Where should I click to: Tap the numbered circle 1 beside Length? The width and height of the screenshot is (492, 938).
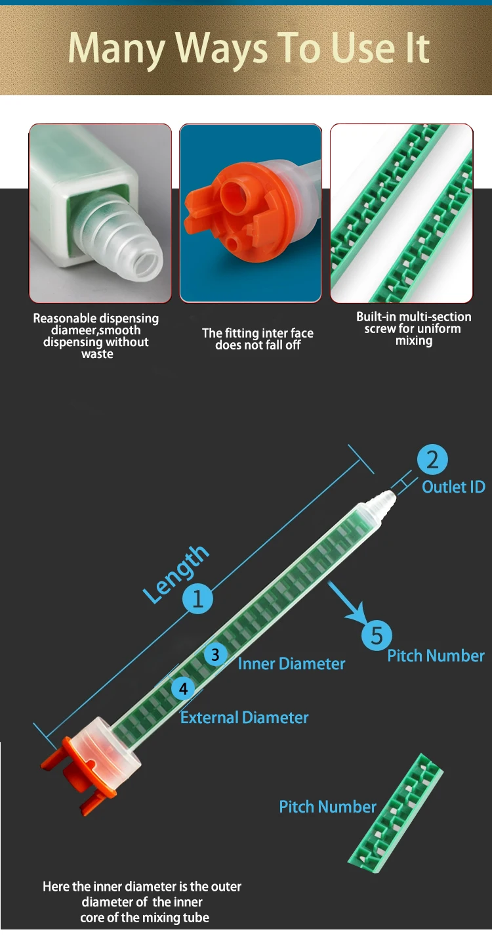197,598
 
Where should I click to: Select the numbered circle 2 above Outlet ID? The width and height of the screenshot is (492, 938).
432,460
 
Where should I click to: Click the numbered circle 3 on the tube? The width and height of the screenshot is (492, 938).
215,655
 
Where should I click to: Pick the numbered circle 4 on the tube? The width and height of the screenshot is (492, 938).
183,688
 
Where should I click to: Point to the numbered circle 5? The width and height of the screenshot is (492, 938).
377,635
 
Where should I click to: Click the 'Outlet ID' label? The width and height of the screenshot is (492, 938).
453,487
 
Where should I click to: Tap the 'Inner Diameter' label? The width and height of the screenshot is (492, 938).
291,664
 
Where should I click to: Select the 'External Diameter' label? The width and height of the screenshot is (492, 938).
244,717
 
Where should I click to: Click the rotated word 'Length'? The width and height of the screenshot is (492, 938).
176,573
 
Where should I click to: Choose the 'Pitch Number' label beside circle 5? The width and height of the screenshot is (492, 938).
436,656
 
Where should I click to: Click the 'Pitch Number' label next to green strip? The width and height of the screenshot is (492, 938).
327,807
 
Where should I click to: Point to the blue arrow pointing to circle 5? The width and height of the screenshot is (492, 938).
347,602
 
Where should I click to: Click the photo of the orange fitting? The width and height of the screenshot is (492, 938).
251,213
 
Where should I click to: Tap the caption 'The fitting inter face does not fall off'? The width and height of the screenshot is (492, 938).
257,339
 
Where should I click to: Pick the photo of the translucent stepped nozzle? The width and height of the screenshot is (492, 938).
100,213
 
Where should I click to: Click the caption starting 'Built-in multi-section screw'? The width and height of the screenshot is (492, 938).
413,328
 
